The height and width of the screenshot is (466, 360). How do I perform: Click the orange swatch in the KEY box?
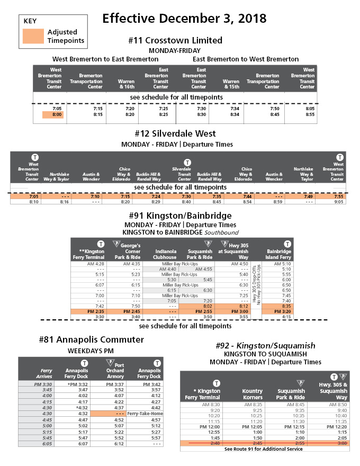pyautogui.click(x=34, y=36)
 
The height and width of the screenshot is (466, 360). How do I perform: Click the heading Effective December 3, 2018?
pyautogui.click(x=184, y=19)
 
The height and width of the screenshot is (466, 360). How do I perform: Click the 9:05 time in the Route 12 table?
pyautogui.click(x=339, y=202)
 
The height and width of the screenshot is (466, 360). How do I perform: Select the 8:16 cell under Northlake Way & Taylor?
pyautogui.click(x=65, y=202)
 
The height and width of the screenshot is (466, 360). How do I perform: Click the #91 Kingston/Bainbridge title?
pyautogui.click(x=180, y=216)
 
